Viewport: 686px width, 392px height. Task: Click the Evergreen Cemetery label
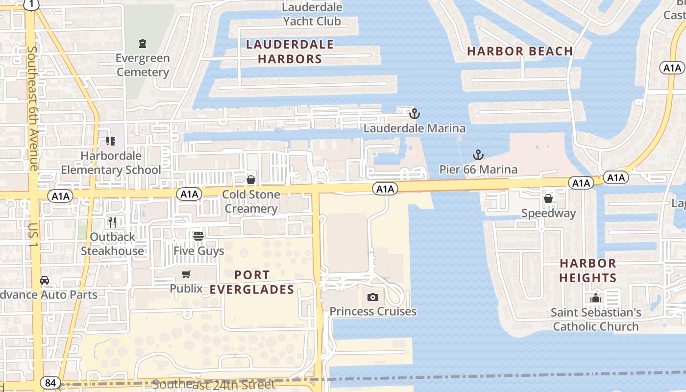tap(143, 65)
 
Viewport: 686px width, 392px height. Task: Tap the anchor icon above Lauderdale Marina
tap(415, 114)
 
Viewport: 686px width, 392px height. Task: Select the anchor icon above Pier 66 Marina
tap(478, 155)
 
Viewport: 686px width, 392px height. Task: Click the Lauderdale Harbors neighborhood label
tap(290, 52)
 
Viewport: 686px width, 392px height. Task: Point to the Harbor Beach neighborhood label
tap(520, 51)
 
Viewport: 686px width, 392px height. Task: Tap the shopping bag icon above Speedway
tap(548, 198)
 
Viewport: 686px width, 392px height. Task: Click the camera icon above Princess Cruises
tap(373, 297)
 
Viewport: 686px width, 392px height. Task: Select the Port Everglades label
tap(252, 282)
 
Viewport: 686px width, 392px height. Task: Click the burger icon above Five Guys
tap(198, 236)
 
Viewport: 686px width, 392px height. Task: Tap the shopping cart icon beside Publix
tap(186, 274)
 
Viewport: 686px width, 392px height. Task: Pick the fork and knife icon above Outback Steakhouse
tap(112, 222)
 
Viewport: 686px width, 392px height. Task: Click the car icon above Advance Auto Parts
tap(45, 280)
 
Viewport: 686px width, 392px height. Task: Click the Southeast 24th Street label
tap(213, 385)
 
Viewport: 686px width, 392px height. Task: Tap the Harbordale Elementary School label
tap(111, 163)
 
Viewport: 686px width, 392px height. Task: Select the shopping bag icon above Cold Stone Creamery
tap(251, 180)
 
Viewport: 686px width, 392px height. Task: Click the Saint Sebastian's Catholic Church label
tap(596, 319)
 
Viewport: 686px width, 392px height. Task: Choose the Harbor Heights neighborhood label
tap(588, 270)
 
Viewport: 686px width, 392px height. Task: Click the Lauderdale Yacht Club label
tap(312, 14)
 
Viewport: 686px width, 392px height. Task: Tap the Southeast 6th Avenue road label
tap(33, 108)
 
